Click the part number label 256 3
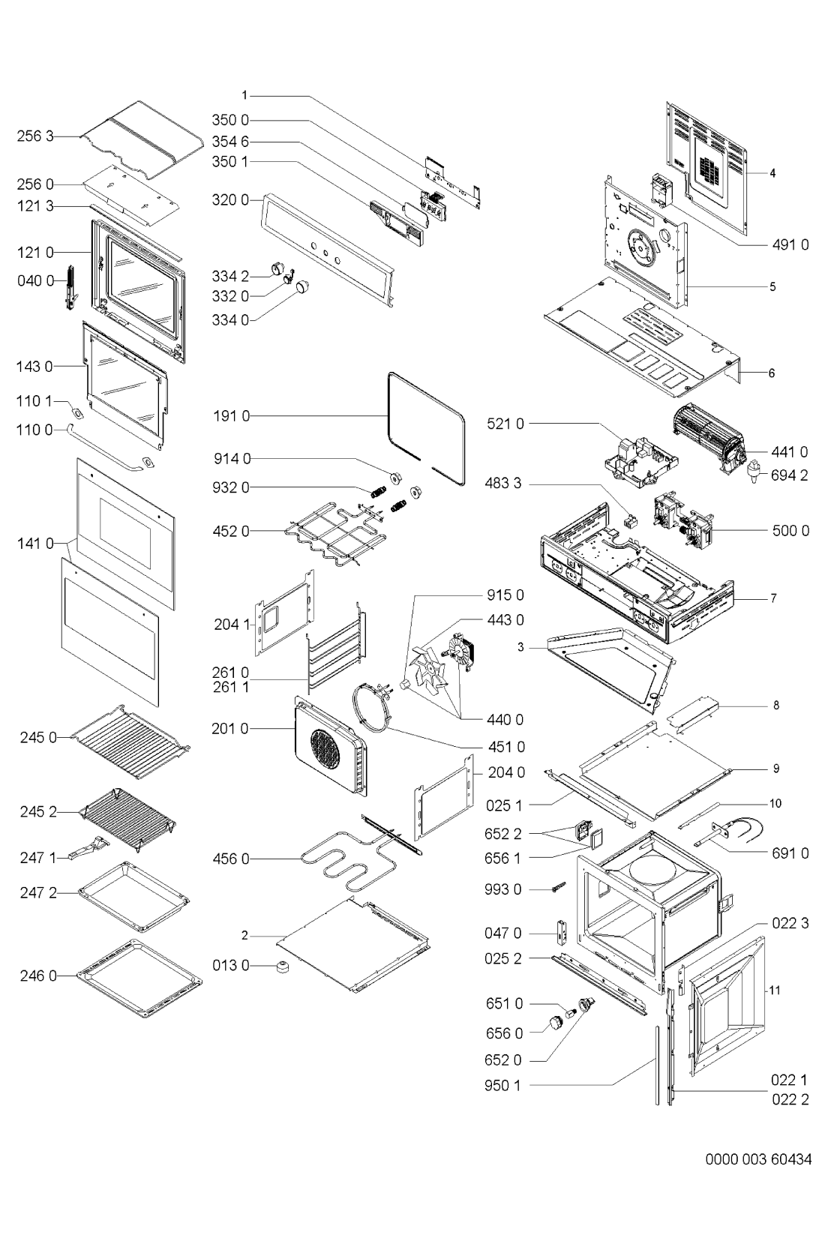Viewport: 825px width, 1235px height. (x=35, y=136)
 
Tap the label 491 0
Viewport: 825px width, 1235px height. (x=790, y=244)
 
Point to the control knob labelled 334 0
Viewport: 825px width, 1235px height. (x=301, y=287)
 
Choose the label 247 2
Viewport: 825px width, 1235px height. (x=38, y=892)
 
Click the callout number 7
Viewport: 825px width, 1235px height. (x=774, y=598)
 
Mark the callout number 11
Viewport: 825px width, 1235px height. (x=775, y=991)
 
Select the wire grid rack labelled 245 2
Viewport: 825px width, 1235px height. (x=127, y=820)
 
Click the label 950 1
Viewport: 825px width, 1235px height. (x=502, y=1085)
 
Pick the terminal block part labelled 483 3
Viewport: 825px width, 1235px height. (x=628, y=519)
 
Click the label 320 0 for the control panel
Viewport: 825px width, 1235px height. (x=230, y=200)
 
